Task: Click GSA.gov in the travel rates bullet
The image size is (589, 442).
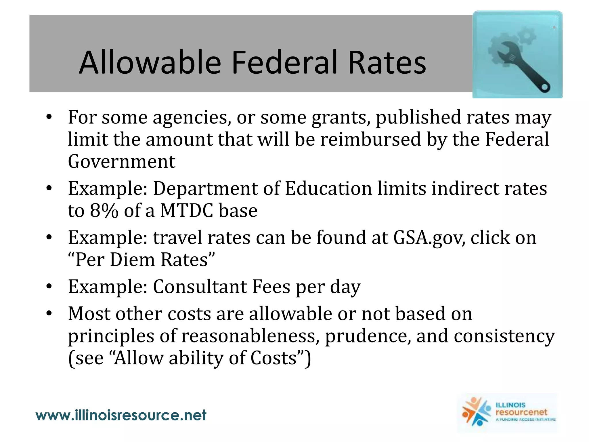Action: point(429,238)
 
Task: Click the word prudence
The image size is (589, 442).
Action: point(368,336)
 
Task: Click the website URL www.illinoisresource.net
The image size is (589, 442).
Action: point(121,415)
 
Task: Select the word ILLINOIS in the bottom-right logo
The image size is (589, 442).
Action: point(510,405)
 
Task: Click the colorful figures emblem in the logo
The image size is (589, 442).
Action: point(476,411)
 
